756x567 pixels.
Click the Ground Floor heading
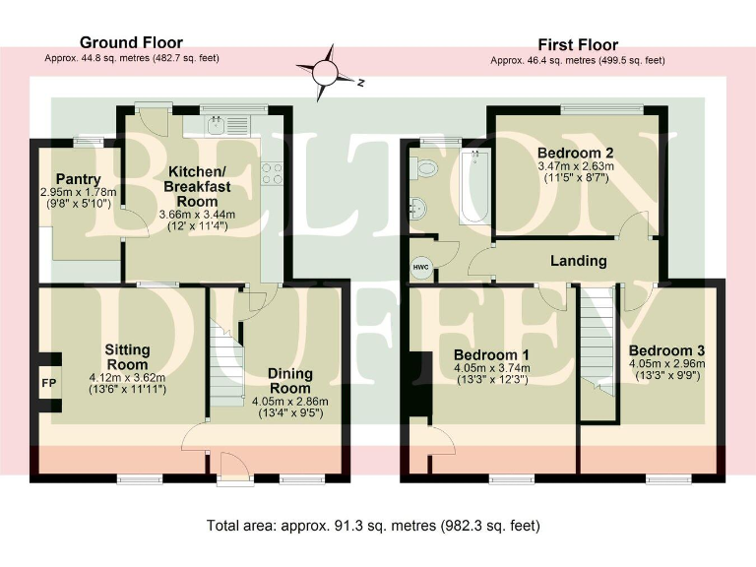131,42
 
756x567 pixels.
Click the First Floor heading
577,44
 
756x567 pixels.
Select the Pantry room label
77,178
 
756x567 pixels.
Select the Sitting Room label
127,356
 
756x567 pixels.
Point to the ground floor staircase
227,365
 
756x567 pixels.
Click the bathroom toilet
426,168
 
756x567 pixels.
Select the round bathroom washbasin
419,209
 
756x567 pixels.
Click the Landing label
579,261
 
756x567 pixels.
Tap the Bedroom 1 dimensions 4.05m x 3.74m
492,368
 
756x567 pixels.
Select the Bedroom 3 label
666,350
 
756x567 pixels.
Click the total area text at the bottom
373,526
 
